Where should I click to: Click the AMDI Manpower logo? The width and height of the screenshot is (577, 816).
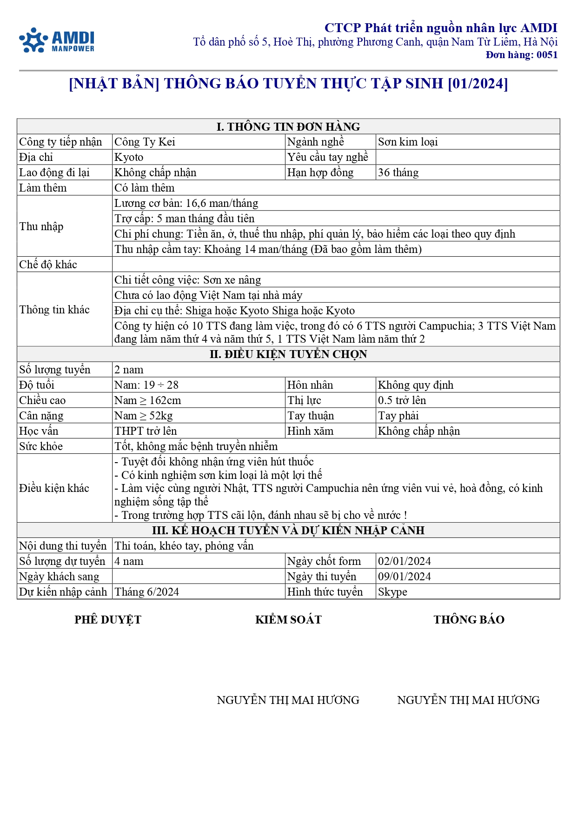click(57, 40)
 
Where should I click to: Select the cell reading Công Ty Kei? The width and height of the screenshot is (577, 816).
click(145, 142)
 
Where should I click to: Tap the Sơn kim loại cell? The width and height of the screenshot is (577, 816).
click(408, 142)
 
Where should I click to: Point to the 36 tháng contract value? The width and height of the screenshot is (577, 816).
click(398, 172)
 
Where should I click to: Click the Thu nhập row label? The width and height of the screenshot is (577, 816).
click(41, 226)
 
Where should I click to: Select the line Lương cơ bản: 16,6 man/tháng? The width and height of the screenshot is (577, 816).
click(186, 203)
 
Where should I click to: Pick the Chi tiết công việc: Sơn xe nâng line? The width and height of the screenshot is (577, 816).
click(187, 280)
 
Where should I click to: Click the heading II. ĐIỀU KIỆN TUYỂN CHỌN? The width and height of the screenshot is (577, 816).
click(288, 354)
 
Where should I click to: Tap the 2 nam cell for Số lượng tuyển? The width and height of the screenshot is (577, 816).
click(129, 370)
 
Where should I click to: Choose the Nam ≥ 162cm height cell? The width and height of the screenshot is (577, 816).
click(148, 400)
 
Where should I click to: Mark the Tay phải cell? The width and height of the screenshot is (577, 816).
click(398, 416)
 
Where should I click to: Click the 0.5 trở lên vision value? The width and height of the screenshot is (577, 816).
click(402, 400)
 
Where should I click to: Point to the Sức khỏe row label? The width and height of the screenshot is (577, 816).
click(41, 446)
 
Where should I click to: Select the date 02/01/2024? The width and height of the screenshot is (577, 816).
click(404, 561)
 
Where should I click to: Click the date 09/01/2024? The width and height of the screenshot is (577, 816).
click(404, 577)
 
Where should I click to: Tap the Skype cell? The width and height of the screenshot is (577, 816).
click(392, 592)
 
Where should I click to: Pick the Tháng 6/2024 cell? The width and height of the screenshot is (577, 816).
click(146, 592)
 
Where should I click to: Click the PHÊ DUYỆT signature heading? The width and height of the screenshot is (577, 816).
click(107, 619)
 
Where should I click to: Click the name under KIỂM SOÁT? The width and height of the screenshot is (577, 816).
click(288, 700)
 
